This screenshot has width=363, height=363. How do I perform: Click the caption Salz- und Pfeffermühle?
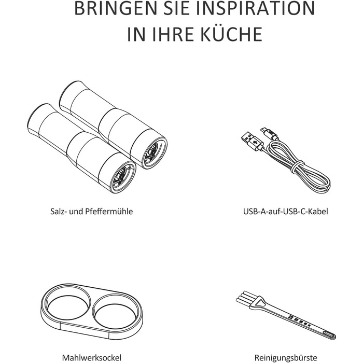[x=92, y=212]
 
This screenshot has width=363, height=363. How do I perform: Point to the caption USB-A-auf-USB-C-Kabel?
[x=286, y=212]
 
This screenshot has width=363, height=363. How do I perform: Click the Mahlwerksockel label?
[x=92, y=358]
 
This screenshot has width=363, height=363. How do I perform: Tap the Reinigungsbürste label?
[x=286, y=358]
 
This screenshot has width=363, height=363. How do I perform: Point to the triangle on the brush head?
[x=260, y=303]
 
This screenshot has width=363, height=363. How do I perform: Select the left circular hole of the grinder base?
[x=68, y=303]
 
